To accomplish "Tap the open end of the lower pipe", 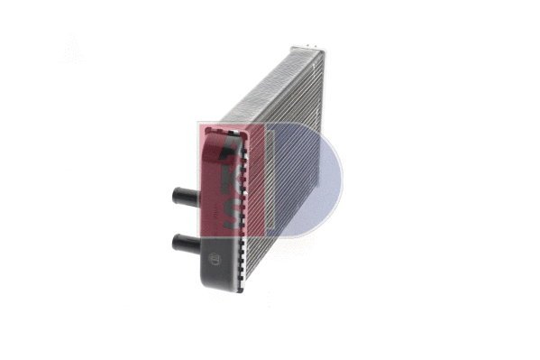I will click(x=172, y=241).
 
